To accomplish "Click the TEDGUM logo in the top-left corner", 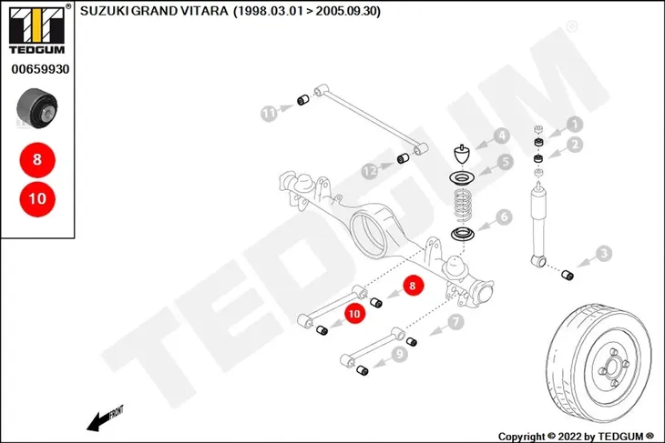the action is click(x=37, y=30).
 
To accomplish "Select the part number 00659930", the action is click(x=40, y=69).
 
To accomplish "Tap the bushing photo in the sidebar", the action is click(x=37, y=108).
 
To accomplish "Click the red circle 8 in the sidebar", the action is click(x=37, y=160).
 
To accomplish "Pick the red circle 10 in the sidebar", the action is click(x=37, y=198).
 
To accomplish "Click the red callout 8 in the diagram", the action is click(x=413, y=286).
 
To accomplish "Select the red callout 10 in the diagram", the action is click(x=354, y=314).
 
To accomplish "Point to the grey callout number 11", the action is click(x=268, y=114).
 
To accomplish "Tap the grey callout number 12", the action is click(x=370, y=172).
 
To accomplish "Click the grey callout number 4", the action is click(x=502, y=136).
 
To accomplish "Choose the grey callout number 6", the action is click(x=505, y=217).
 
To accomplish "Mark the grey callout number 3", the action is click(x=604, y=254).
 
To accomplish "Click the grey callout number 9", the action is click(x=400, y=353).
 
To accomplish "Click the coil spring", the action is click(x=462, y=206).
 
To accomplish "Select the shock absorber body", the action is click(x=539, y=225).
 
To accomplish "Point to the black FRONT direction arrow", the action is click(x=105, y=418).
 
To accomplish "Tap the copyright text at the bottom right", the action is click(x=576, y=437).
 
